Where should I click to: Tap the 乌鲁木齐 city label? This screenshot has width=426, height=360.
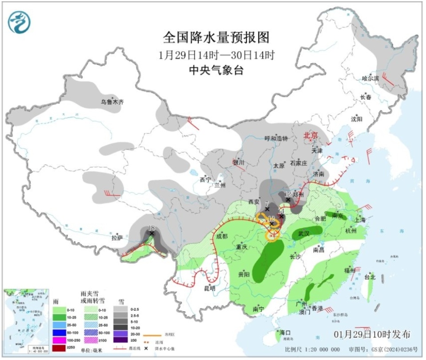(112, 102)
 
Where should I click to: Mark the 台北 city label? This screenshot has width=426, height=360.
(370, 277)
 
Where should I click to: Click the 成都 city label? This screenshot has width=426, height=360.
(222, 236)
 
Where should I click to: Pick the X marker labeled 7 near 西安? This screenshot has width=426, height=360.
(267, 209)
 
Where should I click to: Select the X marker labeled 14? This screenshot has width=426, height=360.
(281, 216)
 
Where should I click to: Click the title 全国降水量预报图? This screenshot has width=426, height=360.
(217, 37)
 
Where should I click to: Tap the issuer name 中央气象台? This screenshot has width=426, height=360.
(217, 70)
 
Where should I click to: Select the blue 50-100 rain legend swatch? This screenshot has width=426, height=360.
(59, 332)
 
